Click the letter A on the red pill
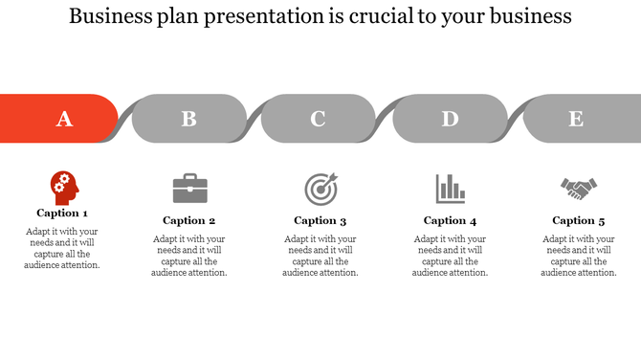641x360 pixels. (x=64, y=119)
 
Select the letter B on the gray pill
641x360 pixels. (x=189, y=119)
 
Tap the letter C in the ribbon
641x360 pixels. (x=318, y=119)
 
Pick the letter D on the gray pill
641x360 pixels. (x=450, y=119)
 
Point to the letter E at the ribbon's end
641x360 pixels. (x=576, y=119)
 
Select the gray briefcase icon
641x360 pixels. (x=189, y=188)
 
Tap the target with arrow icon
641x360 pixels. (x=320, y=188)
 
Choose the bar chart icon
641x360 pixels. (x=450, y=188)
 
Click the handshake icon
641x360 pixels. (x=578, y=189)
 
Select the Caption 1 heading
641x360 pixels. (x=62, y=214)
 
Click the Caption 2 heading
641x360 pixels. (x=189, y=220)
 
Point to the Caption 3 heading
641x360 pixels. (x=320, y=220)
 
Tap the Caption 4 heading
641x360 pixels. (x=450, y=220)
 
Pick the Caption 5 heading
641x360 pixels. (x=578, y=220)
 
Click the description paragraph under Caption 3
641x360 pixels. (x=320, y=256)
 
